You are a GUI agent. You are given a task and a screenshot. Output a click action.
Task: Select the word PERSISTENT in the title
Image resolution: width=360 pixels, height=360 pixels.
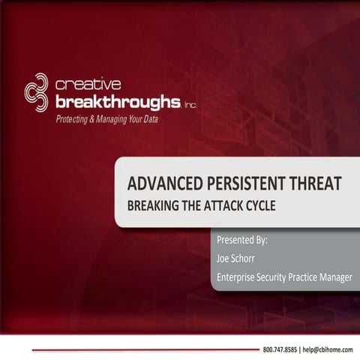point(230,181)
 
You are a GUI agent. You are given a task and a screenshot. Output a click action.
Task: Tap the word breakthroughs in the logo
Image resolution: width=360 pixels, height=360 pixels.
point(116,100)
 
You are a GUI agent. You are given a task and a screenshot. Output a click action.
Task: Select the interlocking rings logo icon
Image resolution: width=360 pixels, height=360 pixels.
point(36,91)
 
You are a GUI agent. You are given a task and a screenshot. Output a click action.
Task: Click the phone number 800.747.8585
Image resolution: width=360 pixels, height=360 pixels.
point(280,350)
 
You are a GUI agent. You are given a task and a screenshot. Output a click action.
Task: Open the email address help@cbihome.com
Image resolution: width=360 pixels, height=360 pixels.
point(327,350)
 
